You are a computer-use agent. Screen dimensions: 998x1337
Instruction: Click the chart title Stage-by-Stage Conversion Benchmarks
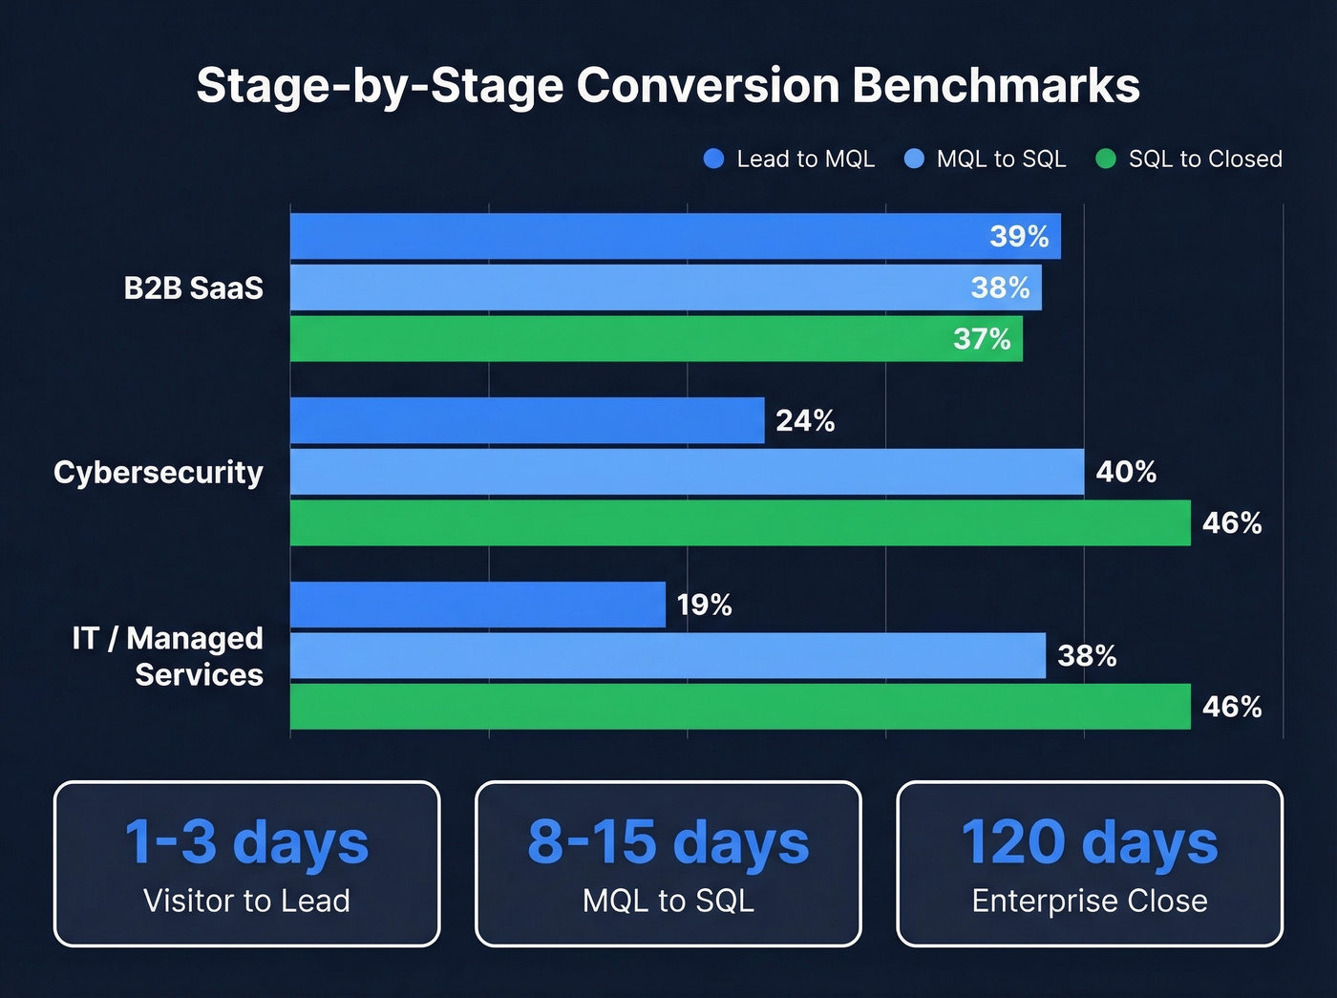pos(668,85)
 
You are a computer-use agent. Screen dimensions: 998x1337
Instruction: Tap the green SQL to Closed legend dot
pos(1105,159)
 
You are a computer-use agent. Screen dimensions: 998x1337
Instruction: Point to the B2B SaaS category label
pos(193,287)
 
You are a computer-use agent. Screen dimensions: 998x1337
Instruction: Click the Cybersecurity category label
pos(159,472)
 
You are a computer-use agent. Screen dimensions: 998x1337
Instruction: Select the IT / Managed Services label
pos(169,656)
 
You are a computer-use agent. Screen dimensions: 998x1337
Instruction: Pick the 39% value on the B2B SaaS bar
pos(1019,236)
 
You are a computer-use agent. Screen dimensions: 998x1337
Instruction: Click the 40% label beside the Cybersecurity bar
pos(1126,472)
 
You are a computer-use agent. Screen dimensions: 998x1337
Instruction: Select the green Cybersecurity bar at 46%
pos(740,523)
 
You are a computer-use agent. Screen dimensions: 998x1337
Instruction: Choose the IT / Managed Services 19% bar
pos(477,605)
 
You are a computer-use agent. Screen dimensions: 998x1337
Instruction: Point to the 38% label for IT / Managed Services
pos(1087,656)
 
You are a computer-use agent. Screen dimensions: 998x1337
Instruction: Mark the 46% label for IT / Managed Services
pos(1232,707)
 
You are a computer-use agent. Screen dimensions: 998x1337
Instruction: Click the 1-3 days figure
pos(246,842)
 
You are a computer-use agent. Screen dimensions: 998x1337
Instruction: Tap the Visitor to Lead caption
pos(246,901)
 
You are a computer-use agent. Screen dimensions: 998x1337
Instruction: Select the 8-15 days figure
pos(668,842)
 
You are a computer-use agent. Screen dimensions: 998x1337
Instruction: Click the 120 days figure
pos(1090,842)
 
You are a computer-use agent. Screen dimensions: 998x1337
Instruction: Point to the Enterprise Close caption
pos(1090,901)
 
